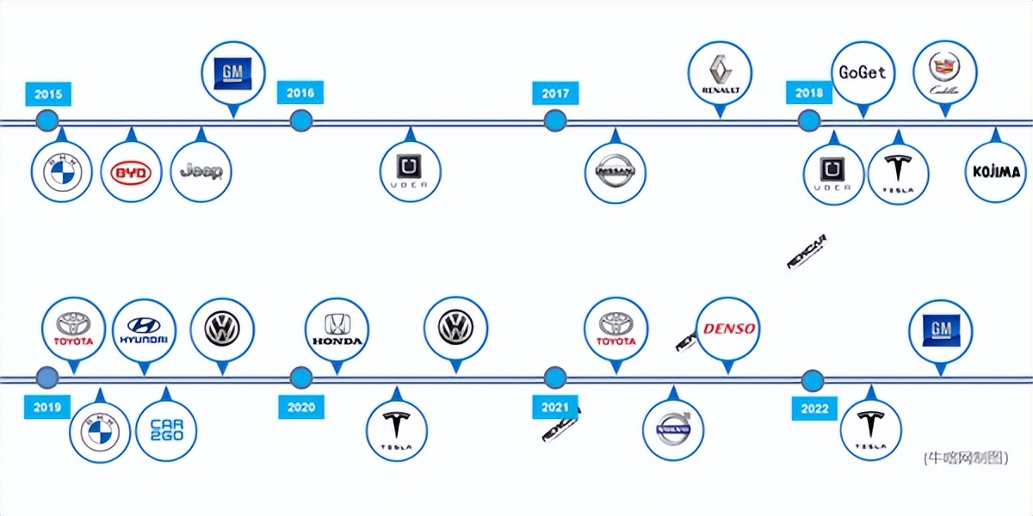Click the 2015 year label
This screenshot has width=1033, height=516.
tap(47, 94)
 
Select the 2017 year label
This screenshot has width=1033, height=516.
tap(555, 93)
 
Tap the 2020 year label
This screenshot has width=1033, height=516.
tap(300, 407)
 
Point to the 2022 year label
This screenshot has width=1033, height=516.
tap(813, 408)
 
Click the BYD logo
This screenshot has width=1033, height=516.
tap(131, 173)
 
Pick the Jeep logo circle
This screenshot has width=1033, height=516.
tap(201, 172)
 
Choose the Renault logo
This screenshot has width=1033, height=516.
tap(721, 73)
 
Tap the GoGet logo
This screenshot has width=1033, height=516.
tap(862, 73)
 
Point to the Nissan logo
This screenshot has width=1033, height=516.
tap(615, 173)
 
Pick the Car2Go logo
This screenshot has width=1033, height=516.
tap(167, 430)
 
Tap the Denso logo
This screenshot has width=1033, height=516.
tap(728, 329)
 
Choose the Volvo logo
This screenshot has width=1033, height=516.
tap(673, 430)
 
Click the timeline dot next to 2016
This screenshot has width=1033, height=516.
tap(300, 120)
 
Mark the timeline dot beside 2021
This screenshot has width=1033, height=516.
tap(555, 378)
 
